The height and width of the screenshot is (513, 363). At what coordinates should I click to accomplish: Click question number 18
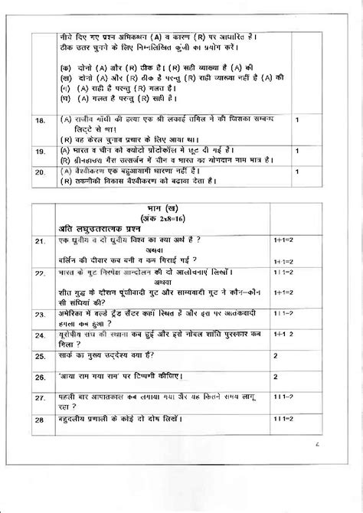pos(39,121)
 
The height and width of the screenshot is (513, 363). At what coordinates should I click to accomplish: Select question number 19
pos(39,153)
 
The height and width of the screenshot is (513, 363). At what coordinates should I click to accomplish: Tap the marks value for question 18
pos(296,120)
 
